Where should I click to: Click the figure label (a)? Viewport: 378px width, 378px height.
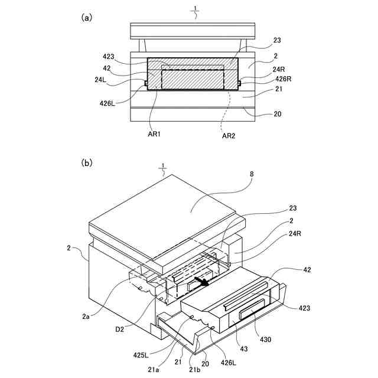[x=87, y=18]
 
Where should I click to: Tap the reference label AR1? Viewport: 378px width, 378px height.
[x=155, y=135]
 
